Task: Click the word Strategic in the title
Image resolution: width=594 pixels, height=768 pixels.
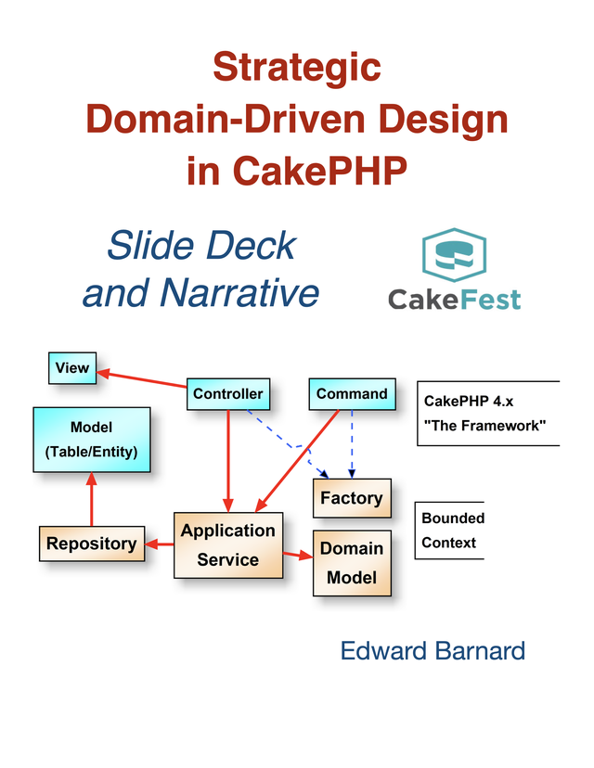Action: point(296,67)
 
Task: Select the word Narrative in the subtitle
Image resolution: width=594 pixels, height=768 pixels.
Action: point(239,292)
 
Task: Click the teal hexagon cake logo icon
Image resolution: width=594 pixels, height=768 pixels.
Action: point(455,255)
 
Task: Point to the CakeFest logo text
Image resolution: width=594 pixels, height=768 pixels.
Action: point(454,300)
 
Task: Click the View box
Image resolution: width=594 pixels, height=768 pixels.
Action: point(72,368)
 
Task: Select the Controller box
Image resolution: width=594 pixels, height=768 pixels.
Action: point(227,394)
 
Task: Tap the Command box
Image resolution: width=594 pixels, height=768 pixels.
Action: point(352,394)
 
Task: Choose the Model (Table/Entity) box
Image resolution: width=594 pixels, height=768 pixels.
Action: point(91,440)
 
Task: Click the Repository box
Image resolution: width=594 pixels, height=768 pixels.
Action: point(91,544)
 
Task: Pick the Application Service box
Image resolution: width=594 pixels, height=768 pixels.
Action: point(227,544)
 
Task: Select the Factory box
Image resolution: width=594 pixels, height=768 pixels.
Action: point(352,498)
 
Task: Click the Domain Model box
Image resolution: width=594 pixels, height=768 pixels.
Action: point(352,563)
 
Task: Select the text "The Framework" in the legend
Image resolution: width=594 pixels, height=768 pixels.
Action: point(484,426)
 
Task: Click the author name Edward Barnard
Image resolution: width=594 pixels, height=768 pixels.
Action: point(433,650)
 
